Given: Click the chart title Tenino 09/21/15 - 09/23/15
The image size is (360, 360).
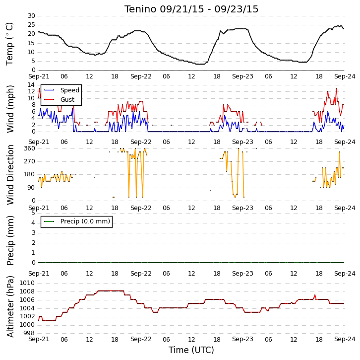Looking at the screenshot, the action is (191, 9).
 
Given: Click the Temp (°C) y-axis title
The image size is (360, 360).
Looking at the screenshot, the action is (9, 44).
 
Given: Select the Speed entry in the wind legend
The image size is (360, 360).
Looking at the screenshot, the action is (70, 90).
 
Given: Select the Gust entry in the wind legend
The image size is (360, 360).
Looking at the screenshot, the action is (67, 99).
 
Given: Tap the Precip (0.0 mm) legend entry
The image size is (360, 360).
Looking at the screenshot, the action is (85, 221).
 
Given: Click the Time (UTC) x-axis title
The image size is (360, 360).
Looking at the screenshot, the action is (191, 350).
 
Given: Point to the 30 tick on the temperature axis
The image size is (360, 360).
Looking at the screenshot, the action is (31, 16).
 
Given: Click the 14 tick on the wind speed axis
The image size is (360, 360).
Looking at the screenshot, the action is (31, 85).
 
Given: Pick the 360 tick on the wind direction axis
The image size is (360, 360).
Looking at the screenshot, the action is (30, 148).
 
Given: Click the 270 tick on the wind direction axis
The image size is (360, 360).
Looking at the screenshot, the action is (30, 161).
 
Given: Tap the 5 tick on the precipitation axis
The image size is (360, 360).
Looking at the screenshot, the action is (34, 213).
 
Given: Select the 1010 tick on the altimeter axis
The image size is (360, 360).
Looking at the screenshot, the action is (27, 283).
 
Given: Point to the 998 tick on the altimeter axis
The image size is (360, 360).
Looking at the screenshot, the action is (29, 333).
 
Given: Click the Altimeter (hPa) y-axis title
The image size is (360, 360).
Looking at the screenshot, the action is (10, 307).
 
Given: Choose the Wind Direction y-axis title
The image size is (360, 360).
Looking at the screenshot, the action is (10, 175).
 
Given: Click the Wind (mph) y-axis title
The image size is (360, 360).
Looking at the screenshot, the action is (10, 109).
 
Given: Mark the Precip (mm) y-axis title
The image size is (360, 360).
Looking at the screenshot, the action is (10, 240).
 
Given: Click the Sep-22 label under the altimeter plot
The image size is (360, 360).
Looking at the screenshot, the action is (141, 339).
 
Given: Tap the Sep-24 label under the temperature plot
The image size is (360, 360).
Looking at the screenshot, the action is (345, 76).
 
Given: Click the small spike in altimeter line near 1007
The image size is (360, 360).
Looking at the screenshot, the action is (315, 295).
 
